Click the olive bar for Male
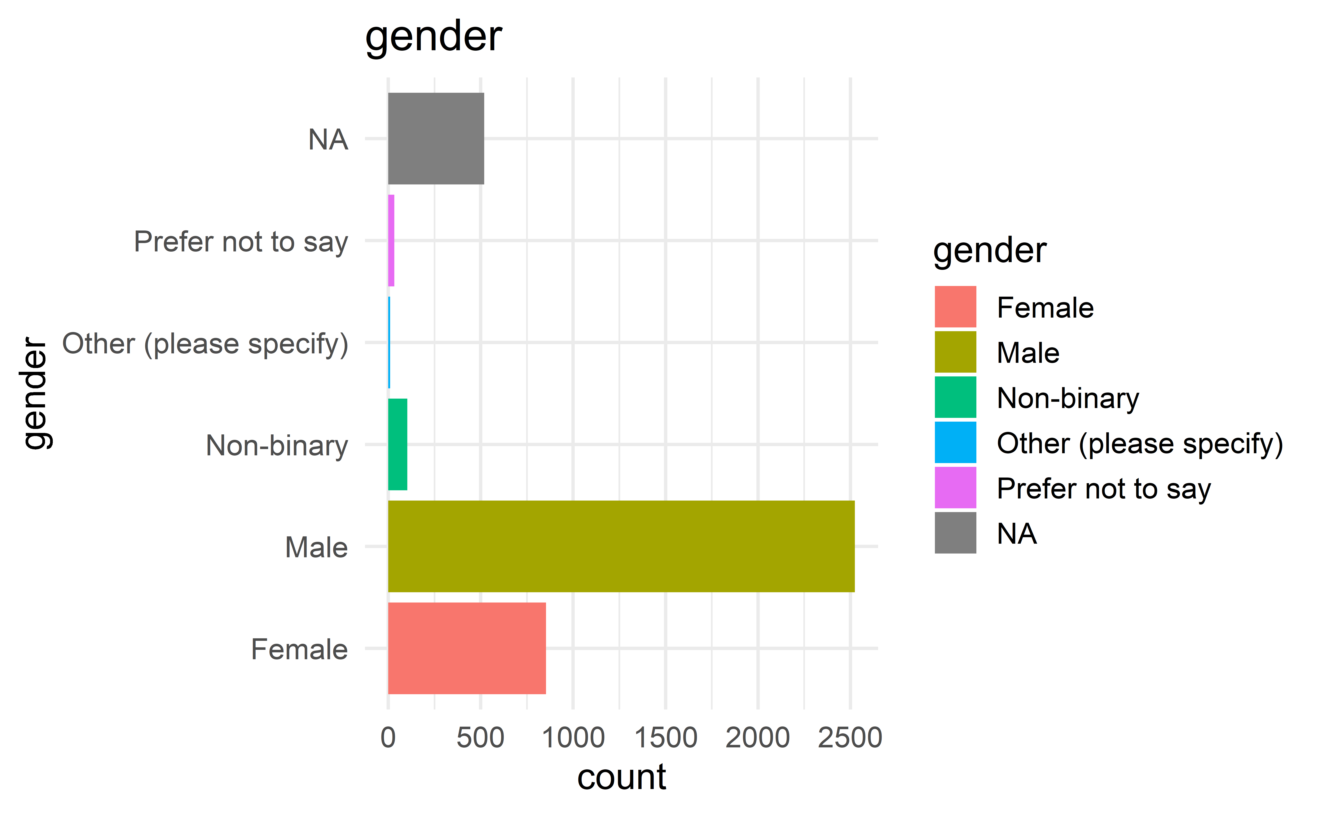point(620,546)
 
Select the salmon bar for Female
point(467,648)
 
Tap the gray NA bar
point(436,139)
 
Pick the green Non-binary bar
point(397,444)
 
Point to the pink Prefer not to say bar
point(391,240)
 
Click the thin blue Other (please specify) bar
point(389,342)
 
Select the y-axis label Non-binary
point(277,446)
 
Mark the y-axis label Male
point(316,548)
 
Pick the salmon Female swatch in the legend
point(955,307)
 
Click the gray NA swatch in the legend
point(955,533)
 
